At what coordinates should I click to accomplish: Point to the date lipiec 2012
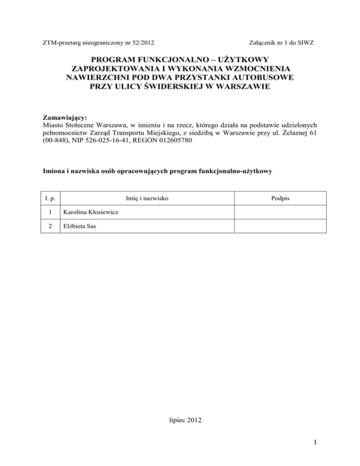point(180,421)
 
